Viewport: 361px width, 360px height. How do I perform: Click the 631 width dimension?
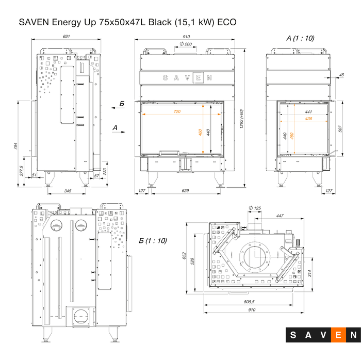point(66,37)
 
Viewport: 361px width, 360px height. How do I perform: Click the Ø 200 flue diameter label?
point(186,45)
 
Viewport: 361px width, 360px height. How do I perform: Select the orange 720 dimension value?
point(177,111)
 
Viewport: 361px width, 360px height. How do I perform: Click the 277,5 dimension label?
point(21,170)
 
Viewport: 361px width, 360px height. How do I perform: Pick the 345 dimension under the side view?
point(67,191)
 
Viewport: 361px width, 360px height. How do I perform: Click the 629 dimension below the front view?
point(185,191)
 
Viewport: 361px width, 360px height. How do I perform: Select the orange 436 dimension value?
point(308,119)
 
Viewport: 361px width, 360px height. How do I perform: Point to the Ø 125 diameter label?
point(255,208)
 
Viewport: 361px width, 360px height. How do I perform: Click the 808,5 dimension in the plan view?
point(249,302)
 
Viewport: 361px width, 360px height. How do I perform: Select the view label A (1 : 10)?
point(300,38)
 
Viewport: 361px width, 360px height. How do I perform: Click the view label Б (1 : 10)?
point(153,241)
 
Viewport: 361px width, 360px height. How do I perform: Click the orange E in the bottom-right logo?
point(339,335)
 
